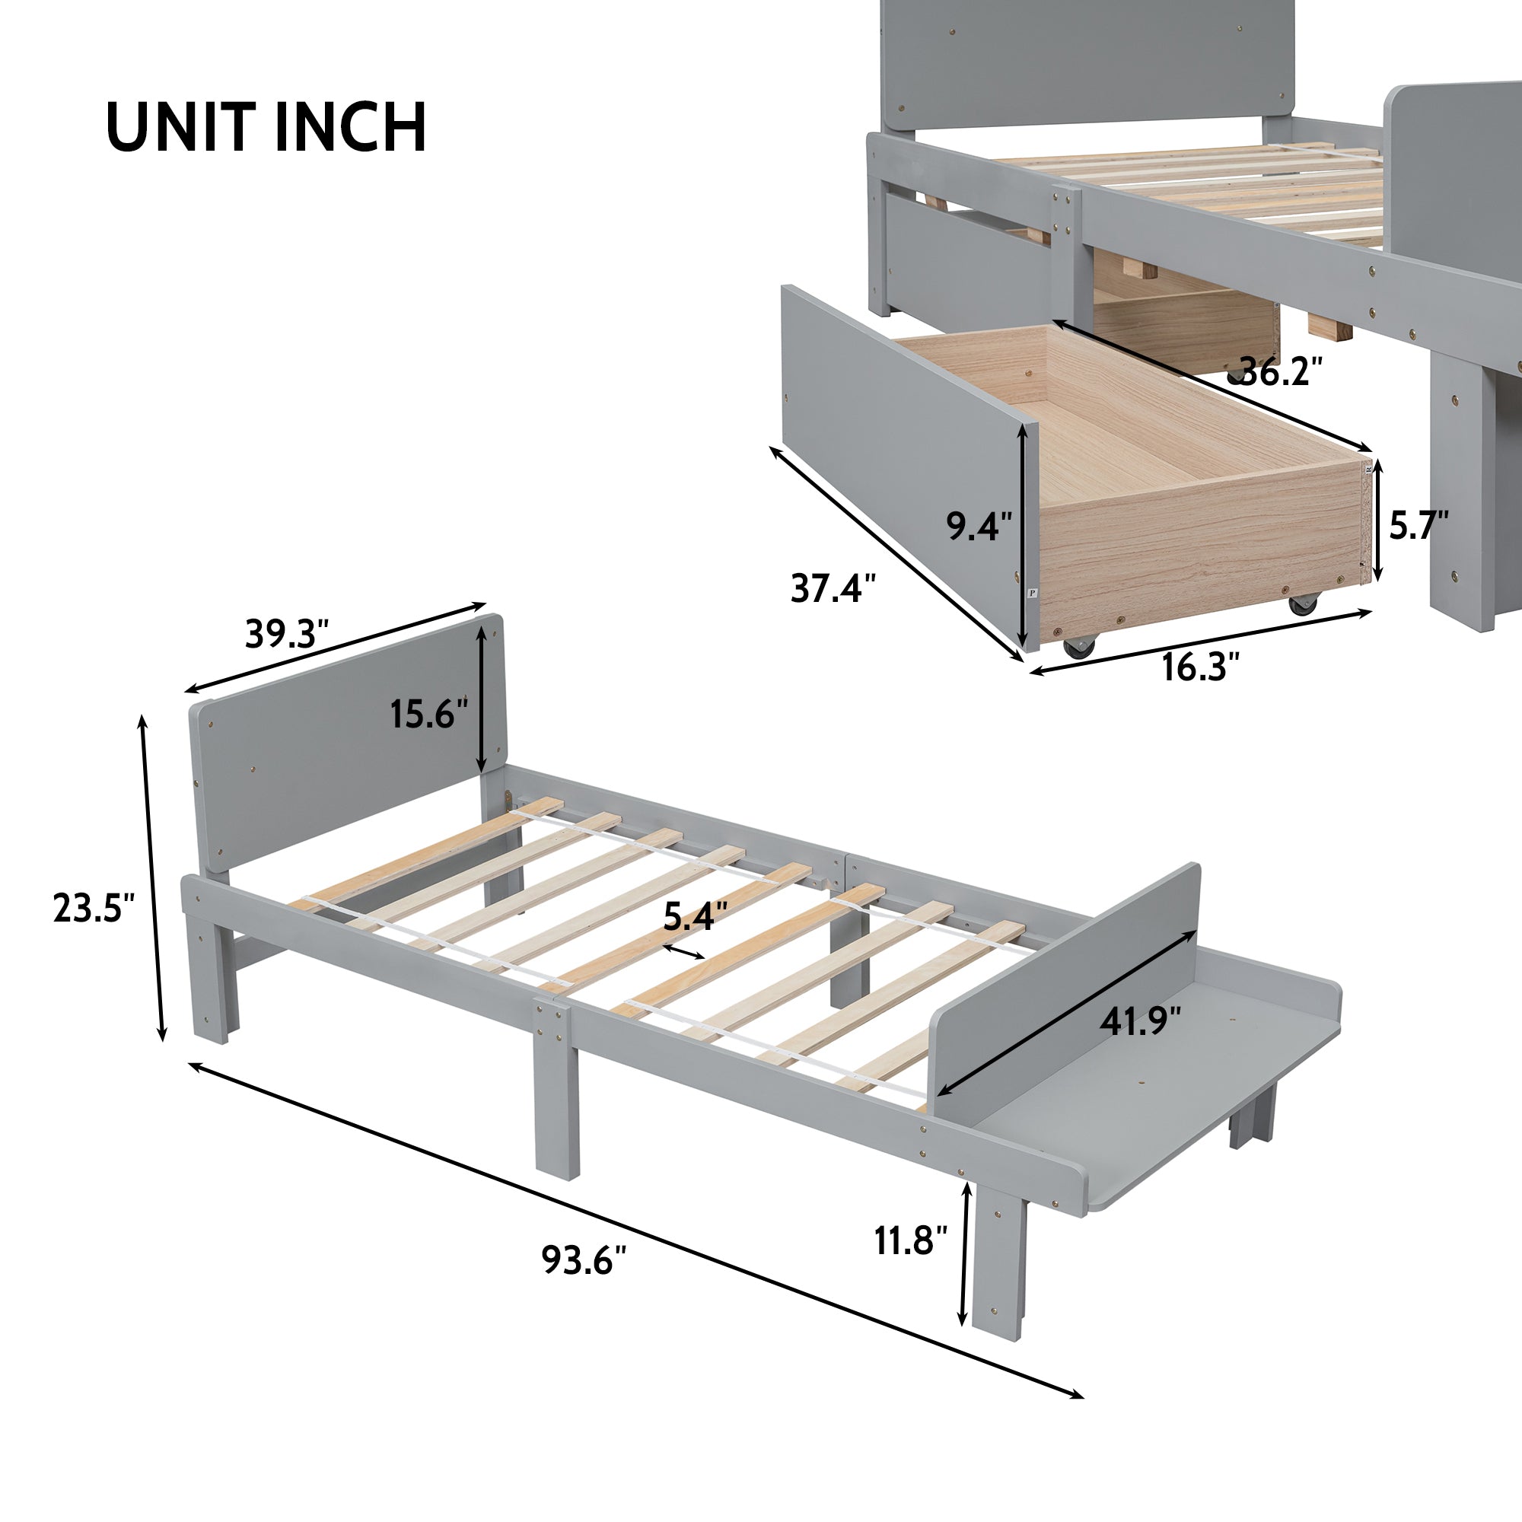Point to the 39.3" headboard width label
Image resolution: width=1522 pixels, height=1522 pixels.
coord(286,633)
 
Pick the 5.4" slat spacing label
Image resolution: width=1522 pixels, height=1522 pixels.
coord(695,916)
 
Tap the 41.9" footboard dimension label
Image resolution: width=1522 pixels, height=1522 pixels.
coord(1140,1022)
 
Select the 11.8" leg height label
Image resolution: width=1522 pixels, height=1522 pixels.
coord(910,1240)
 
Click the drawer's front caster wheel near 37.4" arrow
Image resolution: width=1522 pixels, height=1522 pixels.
coord(1078,647)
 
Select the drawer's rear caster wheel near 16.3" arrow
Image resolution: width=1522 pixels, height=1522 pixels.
coord(1302,604)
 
